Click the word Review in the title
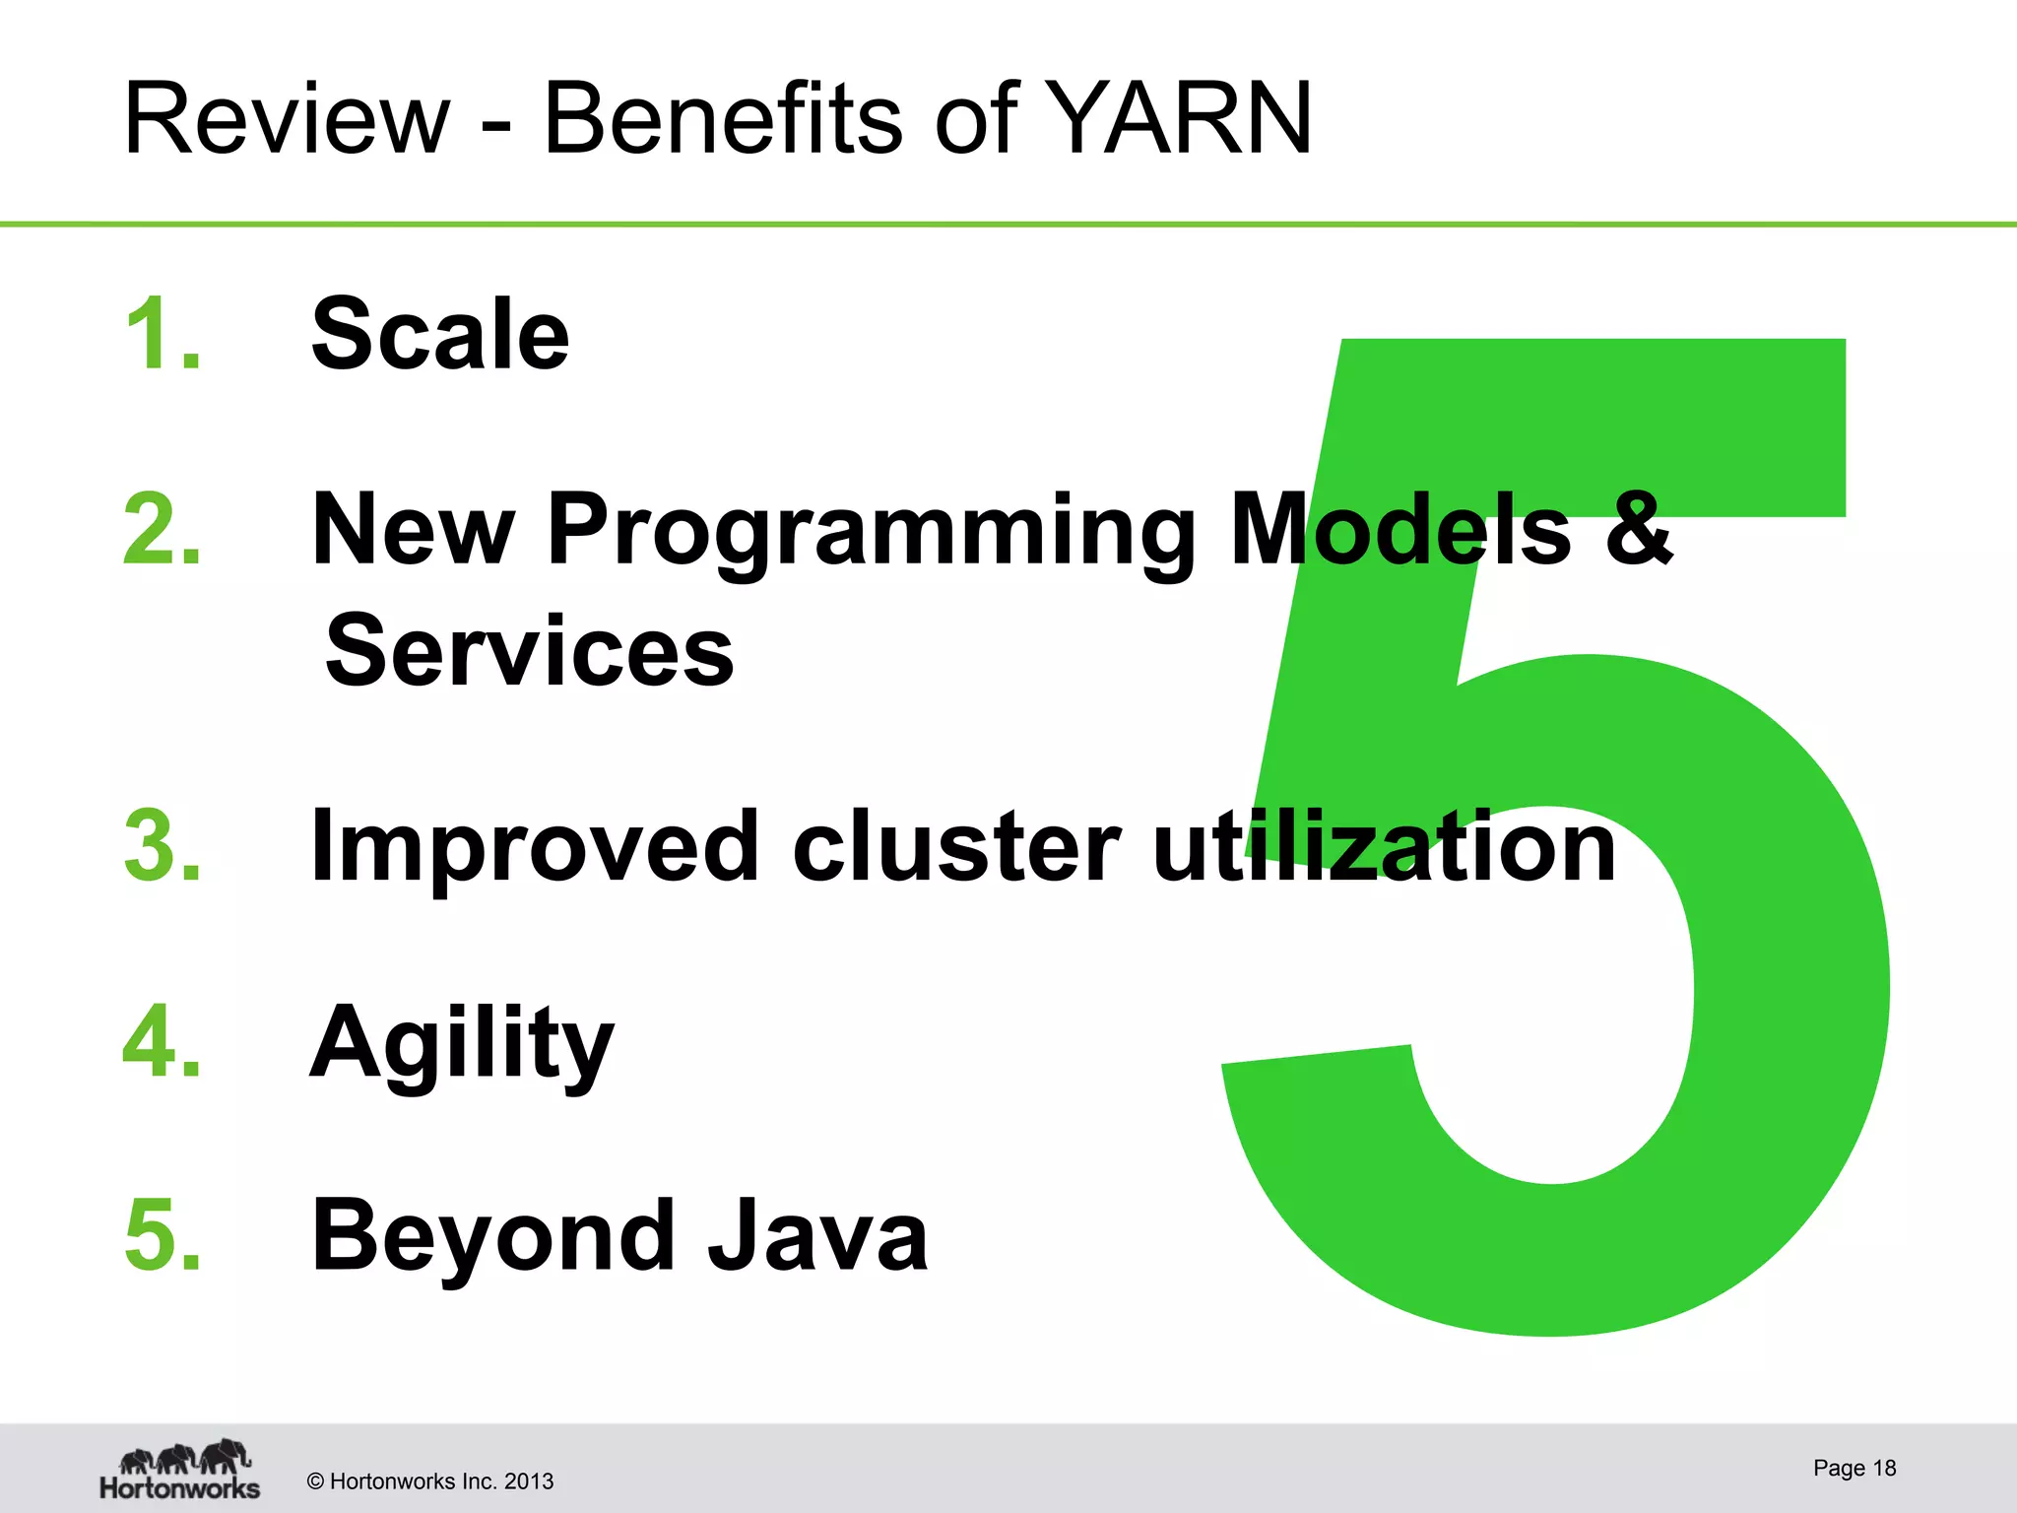pos(286,120)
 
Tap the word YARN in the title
pos(1178,120)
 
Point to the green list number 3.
pos(163,845)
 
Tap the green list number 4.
pos(163,1041)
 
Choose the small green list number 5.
pos(163,1234)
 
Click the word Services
pos(530,651)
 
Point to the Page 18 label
pos(1854,1468)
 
